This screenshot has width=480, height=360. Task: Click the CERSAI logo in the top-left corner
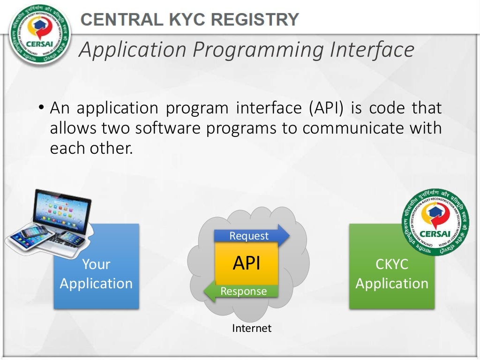click(40, 35)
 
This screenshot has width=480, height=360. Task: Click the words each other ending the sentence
click(91, 148)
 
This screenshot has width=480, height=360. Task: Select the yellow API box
click(247, 263)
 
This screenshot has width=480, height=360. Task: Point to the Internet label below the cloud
click(252, 328)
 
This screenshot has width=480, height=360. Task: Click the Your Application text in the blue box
click(96, 274)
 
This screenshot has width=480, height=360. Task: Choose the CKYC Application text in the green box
click(392, 274)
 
